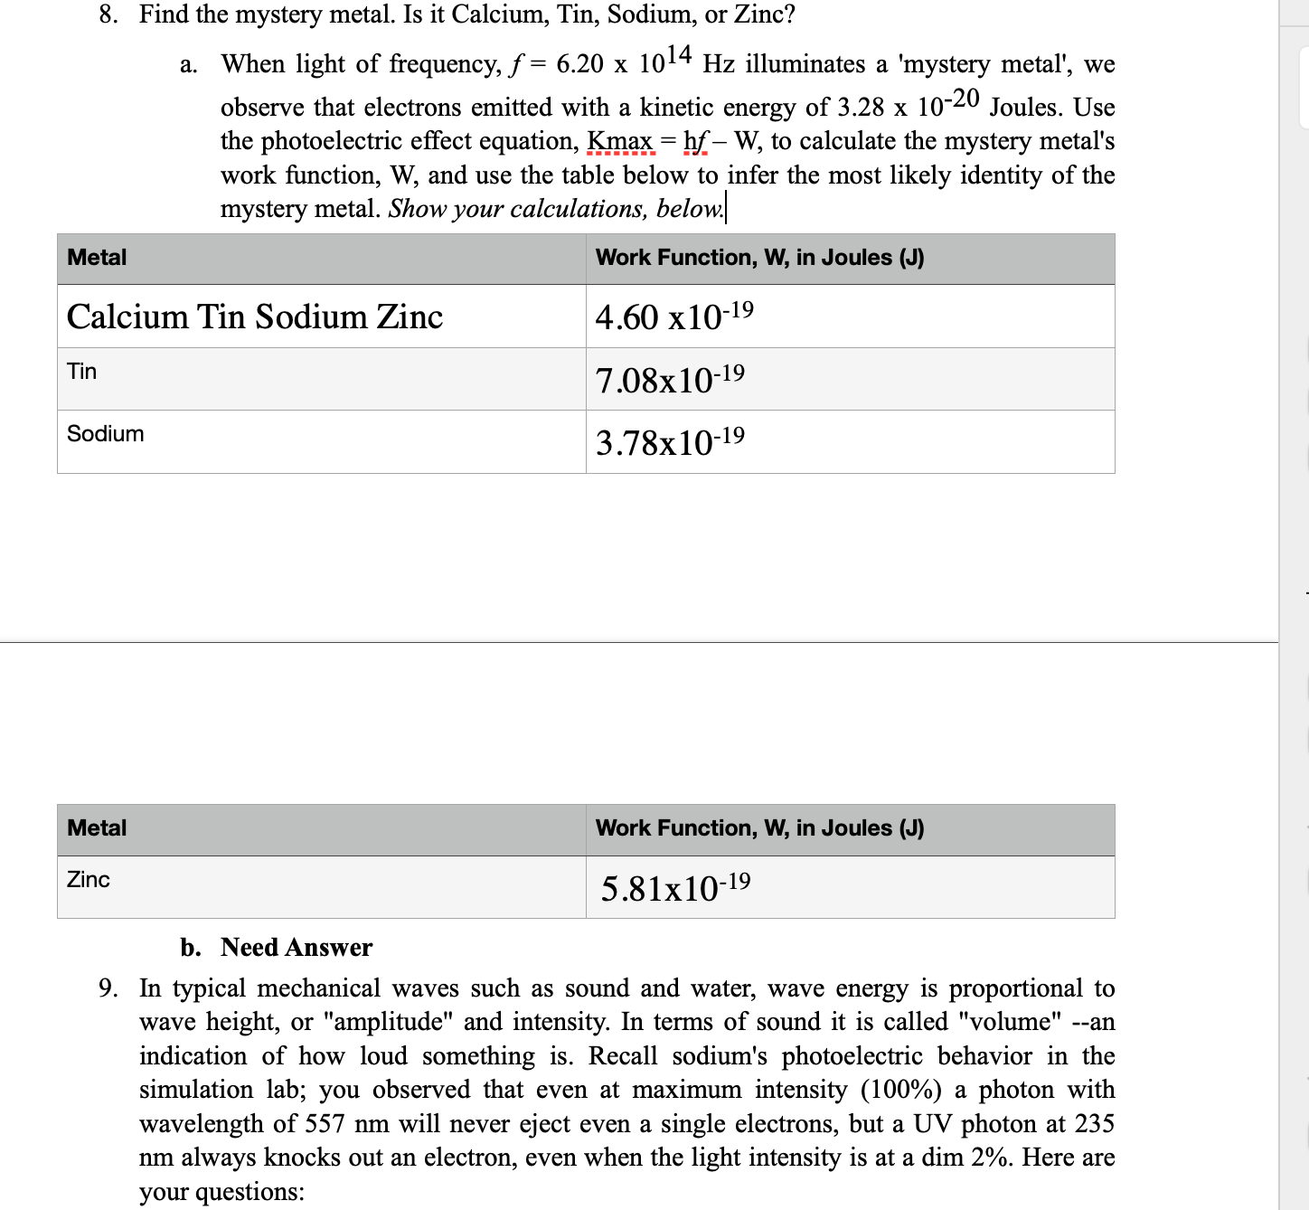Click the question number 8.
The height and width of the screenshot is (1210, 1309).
click(x=108, y=15)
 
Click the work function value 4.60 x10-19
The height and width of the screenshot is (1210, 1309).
click(x=673, y=317)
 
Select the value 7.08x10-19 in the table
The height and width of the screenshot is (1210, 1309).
click(x=670, y=379)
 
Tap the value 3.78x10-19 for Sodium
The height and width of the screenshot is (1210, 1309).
click(x=670, y=442)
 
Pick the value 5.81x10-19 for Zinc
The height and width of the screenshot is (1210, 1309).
click(x=675, y=887)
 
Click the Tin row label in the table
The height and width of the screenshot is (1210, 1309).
click(x=82, y=372)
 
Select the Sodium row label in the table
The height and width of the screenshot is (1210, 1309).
click(x=106, y=434)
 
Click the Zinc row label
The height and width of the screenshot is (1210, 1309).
click(x=89, y=879)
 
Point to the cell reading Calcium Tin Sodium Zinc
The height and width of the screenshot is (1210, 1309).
click(x=255, y=317)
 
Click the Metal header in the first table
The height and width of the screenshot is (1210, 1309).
click(x=97, y=258)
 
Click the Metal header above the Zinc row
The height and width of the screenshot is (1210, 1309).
click(x=97, y=828)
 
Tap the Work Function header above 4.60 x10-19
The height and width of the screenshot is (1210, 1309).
click(x=759, y=258)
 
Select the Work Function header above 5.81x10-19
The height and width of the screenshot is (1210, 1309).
click(x=759, y=828)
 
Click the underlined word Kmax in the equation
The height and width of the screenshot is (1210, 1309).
click(x=620, y=141)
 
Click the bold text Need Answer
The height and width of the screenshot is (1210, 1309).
click(x=297, y=947)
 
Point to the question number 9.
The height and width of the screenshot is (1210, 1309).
click(x=108, y=988)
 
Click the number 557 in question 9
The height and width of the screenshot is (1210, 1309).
click(x=325, y=1124)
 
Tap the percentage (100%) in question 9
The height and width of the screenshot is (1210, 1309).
click(x=912, y=1090)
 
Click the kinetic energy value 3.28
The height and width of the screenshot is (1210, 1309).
click(x=860, y=108)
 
